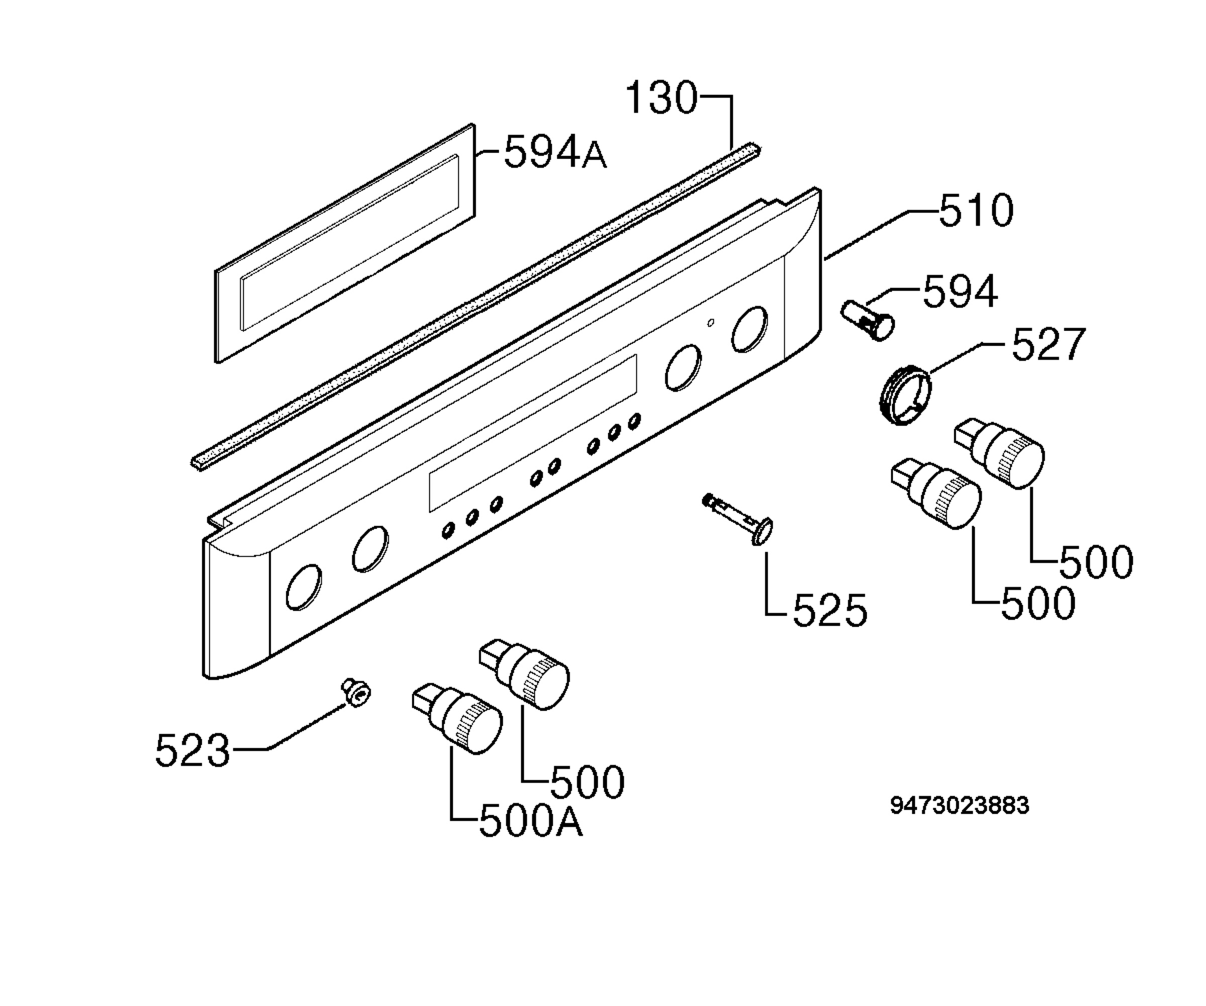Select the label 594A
555,151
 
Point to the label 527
1049,344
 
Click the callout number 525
830,610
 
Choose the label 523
192,750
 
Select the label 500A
531,822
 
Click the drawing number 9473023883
960,805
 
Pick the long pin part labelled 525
739,518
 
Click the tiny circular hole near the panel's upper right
711,323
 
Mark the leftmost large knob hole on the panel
303,587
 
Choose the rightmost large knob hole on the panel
749,329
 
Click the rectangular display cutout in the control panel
533,433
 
